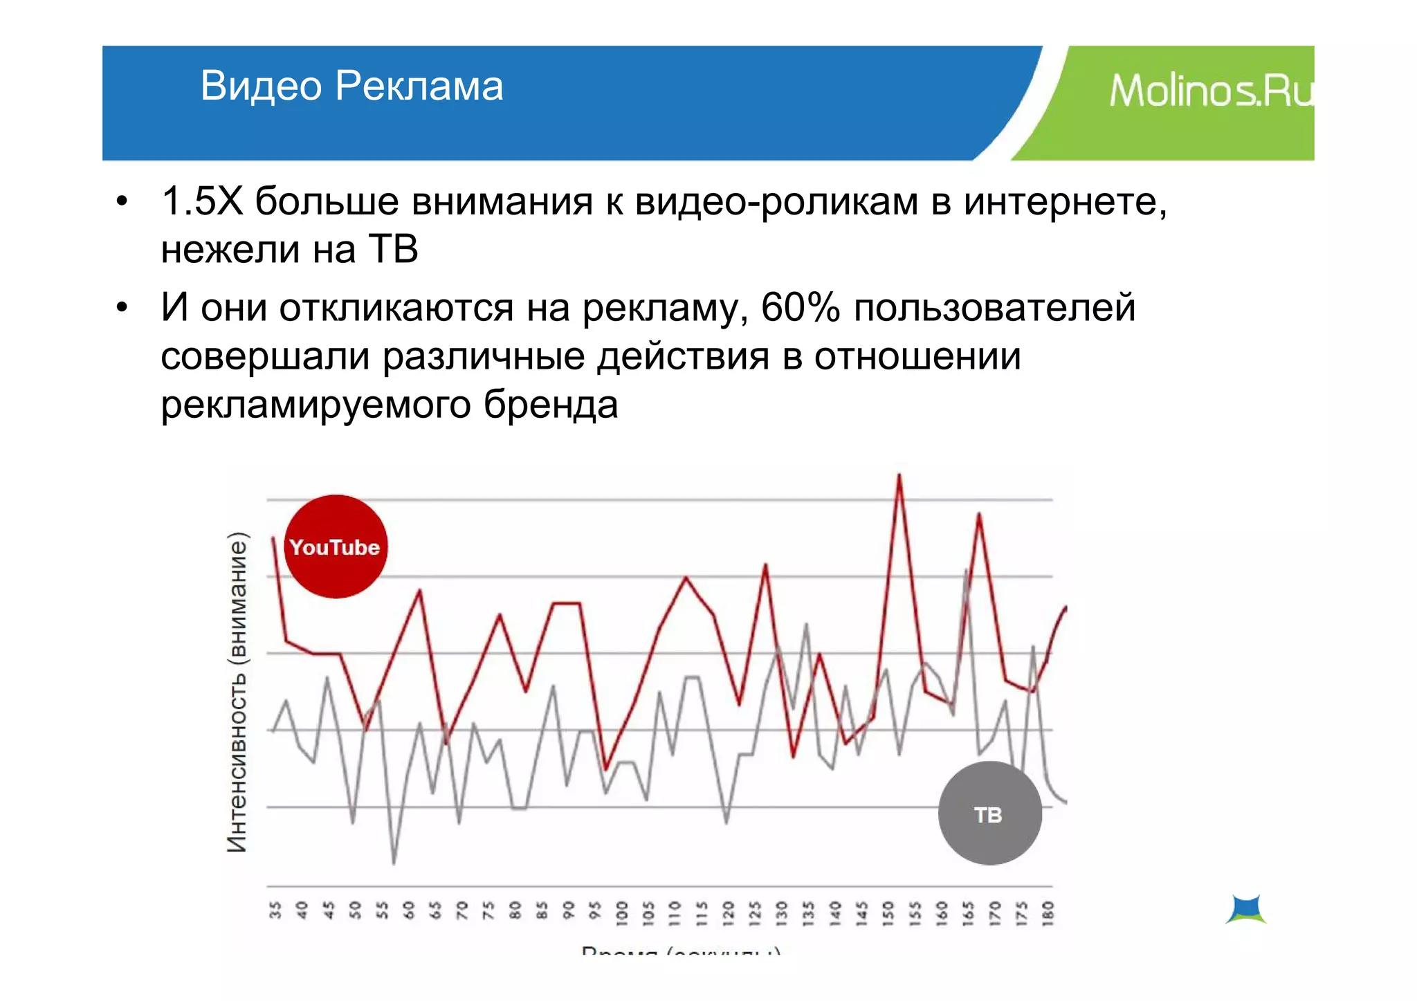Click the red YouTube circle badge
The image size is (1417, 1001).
pyautogui.click(x=336, y=547)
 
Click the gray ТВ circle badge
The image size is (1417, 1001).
pyautogui.click(x=989, y=814)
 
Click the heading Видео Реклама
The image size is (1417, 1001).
pyautogui.click(x=351, y=86)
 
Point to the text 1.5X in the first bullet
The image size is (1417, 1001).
pyautogui.click(x=201, y=201)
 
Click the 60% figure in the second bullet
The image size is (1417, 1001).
pyautogui.click(x=800, y=308)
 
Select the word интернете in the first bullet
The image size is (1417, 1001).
pyautogui.click(x=1064, y=201)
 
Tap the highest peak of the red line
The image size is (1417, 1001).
pyautogui.click(x=899, y=476)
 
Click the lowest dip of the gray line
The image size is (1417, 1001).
pyautogui.click(x=394, y=863)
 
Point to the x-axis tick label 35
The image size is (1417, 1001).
pyautogui.click(x=275, y=910)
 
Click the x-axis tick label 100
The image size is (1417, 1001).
pyautogui.click(x=621, y=913)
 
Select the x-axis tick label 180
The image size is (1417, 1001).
pyautogui.click(x=1048, y=913)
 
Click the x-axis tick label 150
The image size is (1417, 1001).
pyautogui.click(x=888, y=913)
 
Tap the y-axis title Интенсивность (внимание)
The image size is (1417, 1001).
pyautogui.click(x=237, y=692)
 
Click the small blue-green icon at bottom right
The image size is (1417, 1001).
pyautogui.click(x=1246, y=909)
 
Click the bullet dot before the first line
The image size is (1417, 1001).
pyautogui.click(x=122, y=202)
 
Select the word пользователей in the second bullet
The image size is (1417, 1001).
pyautogui.click(x=994, y=308)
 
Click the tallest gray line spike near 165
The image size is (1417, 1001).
pyautogui.click(x=966, y=571)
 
